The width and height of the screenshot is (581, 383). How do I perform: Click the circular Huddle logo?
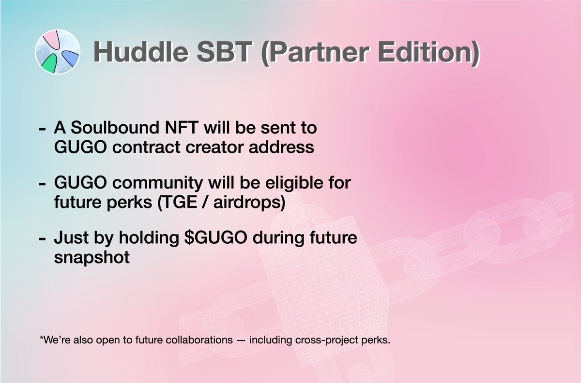tap(58, 52)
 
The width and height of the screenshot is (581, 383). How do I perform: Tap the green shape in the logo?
tap(49, 64)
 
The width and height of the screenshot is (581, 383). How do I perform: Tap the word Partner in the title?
tap(315, 53)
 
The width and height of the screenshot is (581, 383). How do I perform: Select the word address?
tap(281, 147)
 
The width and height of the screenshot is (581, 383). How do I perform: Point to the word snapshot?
tap(92, 258)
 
